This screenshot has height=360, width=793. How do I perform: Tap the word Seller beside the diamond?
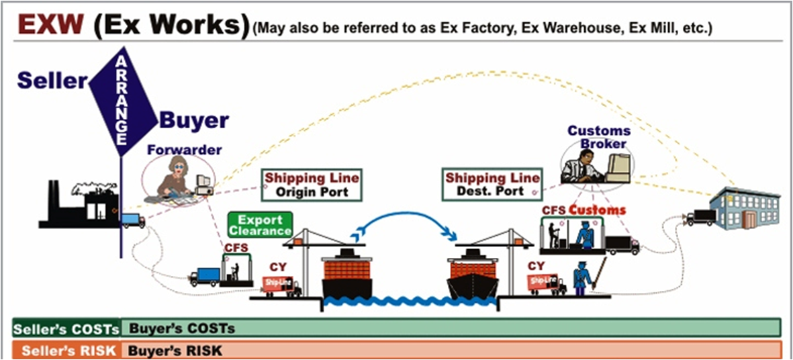point(52,81)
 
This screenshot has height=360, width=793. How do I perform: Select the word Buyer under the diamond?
point(194,122)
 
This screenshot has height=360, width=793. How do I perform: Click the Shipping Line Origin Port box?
point(312,185)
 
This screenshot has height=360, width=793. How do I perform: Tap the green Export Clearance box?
point(260,224)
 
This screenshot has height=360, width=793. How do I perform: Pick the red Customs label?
point(597,210)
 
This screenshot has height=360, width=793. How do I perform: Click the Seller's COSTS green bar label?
point(66,328)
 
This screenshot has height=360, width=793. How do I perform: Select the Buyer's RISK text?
point(175,351)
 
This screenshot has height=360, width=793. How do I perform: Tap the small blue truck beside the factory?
point(133,220)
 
